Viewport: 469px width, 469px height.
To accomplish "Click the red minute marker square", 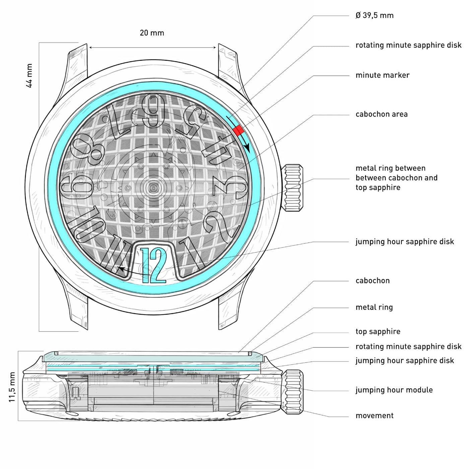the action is tap(239, 130).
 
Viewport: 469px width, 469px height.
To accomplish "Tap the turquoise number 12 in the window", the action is tap(153, 265).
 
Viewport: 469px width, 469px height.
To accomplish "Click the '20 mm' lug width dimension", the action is tap(152, 33).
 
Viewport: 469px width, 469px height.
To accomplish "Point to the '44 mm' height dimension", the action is tap(29, 76).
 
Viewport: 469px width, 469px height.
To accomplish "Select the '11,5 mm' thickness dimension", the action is tap(12, 387).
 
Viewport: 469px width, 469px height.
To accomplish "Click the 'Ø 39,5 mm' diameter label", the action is tap(375, 15).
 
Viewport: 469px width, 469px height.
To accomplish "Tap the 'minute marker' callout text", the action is tap(382, 75).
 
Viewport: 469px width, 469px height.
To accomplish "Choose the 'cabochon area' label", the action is tap(381, 114).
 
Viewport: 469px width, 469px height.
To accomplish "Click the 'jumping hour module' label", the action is tap(394, 390).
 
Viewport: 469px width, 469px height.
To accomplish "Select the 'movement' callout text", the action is tap(375, 415).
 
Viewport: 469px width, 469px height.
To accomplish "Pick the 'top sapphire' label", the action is tap(378, 332).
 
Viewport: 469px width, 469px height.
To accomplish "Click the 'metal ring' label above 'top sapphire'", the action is tap(374, 307).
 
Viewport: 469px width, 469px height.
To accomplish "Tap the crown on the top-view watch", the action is tap(292, 188).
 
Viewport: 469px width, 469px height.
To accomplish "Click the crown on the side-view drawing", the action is tap(292, 392).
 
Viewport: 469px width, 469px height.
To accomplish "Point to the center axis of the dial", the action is tap(153, 188).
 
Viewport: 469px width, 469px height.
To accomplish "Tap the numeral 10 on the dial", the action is tap(86, 225).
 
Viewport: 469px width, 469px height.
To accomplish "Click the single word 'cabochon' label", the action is tap(373, 281).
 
